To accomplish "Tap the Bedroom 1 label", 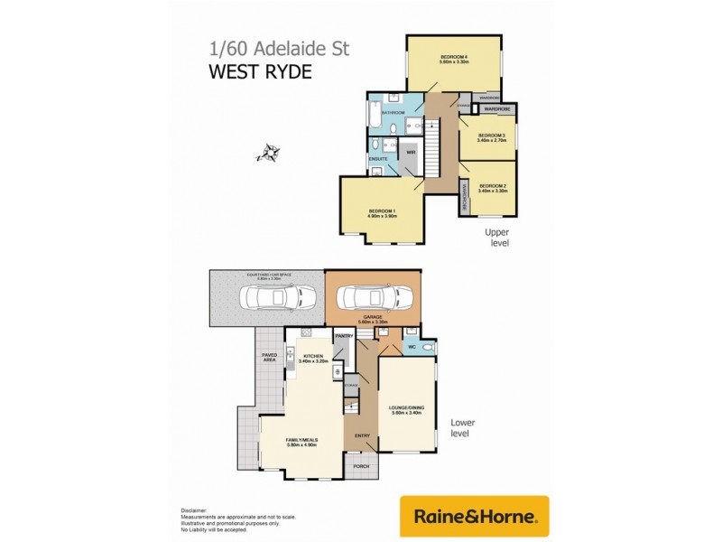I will click(x=383, y=211).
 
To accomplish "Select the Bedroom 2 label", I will click(x=492, y=185).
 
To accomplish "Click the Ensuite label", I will click(x=378, y=158).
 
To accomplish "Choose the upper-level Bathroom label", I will click(x=393, y=113).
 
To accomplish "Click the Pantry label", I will click(x=343, y=336).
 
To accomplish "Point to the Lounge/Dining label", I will click(x=408, y=407).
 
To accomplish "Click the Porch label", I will click(x=361, y=468).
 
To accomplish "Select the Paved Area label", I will click(x=269, y=358).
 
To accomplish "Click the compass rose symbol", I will click(x=268, y=153).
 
